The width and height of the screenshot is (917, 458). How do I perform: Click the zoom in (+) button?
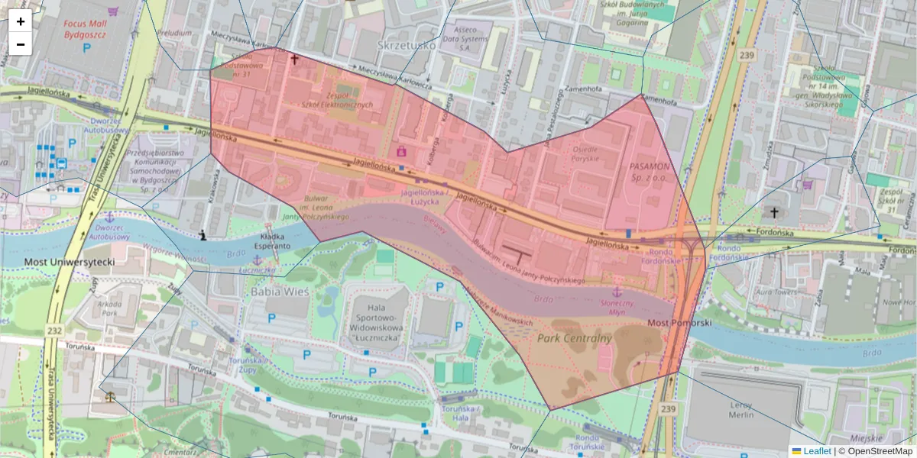pos(21,21)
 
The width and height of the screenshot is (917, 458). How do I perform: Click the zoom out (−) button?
pos(21,44)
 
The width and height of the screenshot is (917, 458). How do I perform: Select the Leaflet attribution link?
pos(817,451)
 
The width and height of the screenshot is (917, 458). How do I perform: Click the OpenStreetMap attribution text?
pos(879,451)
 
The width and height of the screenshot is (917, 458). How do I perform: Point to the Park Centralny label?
pos(575,337)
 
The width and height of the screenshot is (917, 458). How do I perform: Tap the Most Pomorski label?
pos(679,324)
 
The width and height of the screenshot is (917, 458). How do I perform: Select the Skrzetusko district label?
pos(406,46)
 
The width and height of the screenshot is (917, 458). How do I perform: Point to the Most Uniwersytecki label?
pos(70,262)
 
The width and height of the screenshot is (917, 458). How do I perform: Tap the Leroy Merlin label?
pos(741,409)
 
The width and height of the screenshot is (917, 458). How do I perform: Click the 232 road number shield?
pos(53,330)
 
